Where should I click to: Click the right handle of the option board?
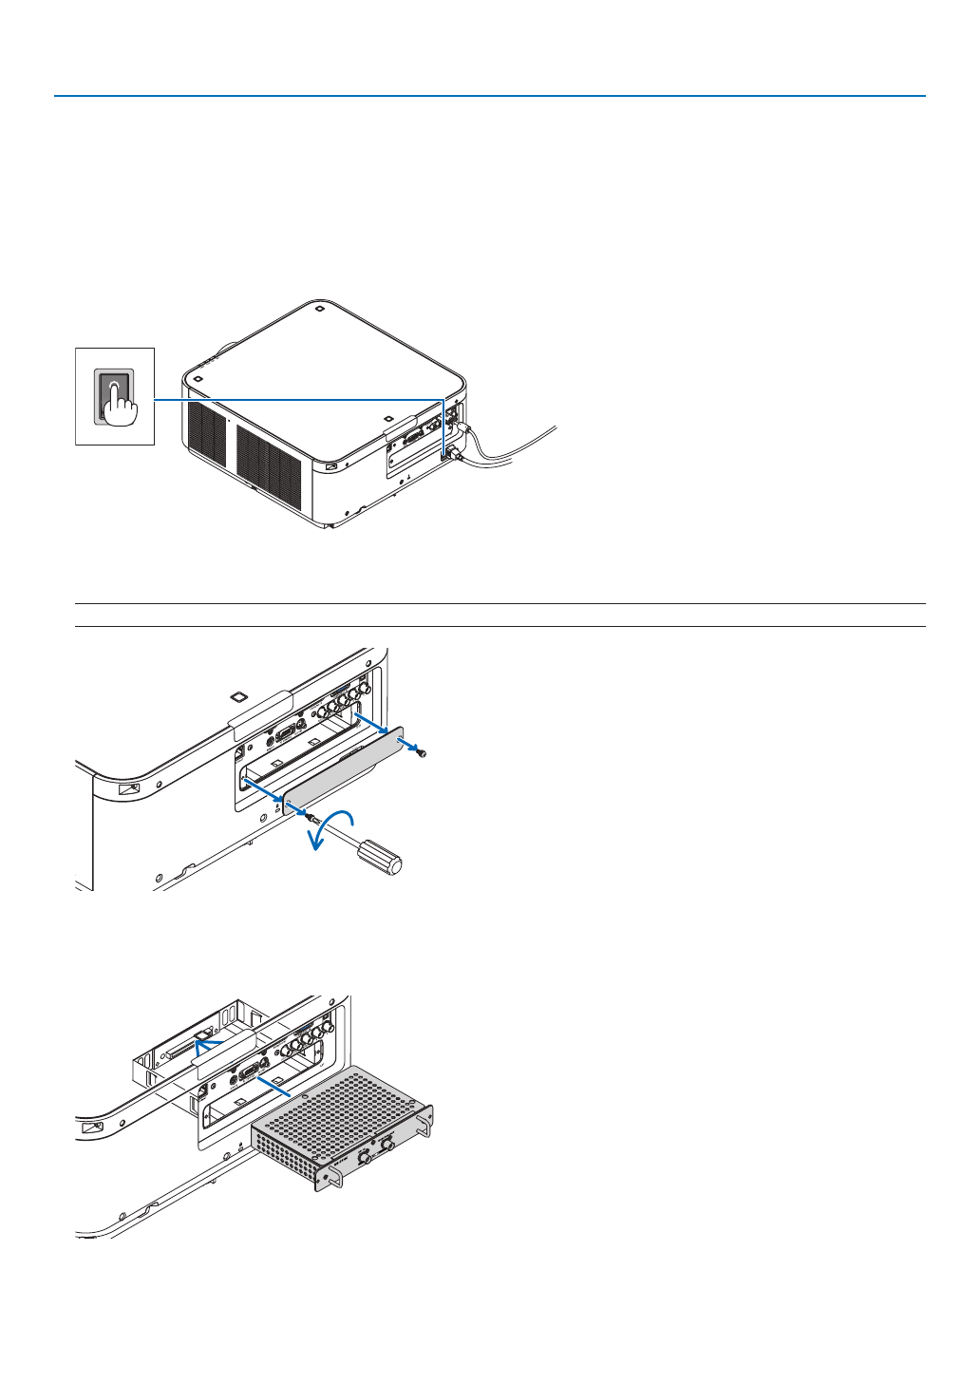tap(424, 1121)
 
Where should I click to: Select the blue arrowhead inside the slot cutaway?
tap(200, 1042)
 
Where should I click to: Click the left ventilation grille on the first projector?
tap(206, 439)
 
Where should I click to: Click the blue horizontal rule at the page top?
tap(489, 96)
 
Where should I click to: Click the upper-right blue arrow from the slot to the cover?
tap(375, 725)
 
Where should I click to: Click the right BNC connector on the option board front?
tap(387, 1147)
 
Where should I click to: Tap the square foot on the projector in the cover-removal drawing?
tap(238, 694)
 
